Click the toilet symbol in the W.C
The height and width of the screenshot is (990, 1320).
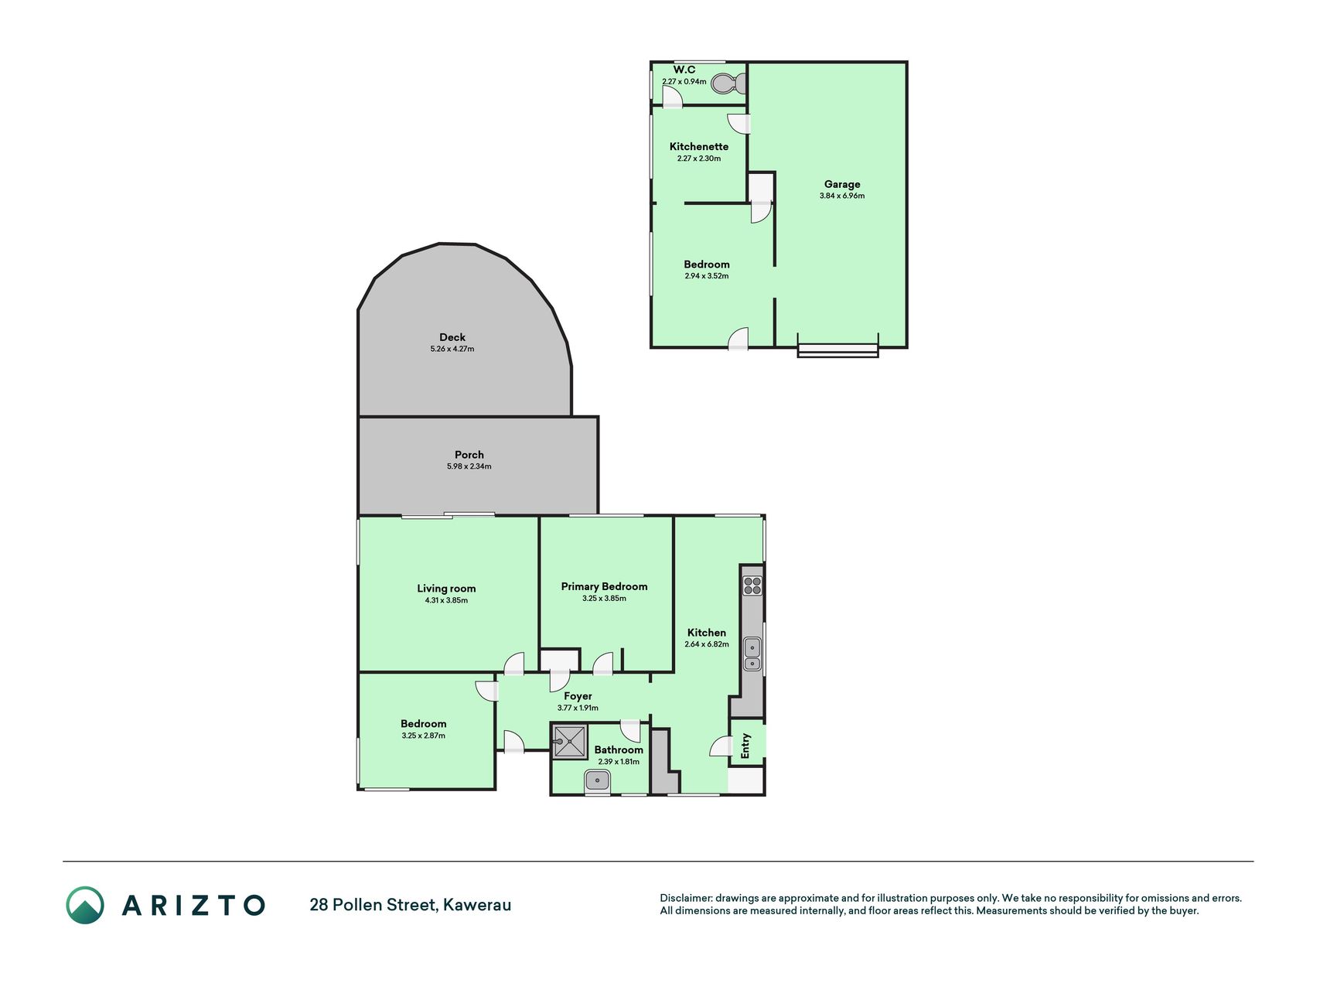[728, 84]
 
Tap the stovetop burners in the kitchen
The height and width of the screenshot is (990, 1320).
[752, 585]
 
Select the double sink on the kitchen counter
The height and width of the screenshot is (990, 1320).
[752, 654]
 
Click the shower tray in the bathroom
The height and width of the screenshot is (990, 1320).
[570, 742]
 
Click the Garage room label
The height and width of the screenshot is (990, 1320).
[842, 184]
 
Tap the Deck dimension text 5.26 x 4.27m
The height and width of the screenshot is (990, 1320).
[452, 349]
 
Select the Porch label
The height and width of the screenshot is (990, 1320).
[469, 455]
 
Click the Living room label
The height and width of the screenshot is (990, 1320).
[446, 589]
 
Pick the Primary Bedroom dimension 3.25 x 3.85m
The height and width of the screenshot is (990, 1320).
[604, 599]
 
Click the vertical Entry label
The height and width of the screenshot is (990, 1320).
[746, 746]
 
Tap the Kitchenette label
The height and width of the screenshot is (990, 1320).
[699, 146]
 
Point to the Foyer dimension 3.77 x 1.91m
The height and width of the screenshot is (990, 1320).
[578, 708]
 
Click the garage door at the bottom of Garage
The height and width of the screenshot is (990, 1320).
[838, 350]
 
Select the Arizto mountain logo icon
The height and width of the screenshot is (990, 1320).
[84, 905]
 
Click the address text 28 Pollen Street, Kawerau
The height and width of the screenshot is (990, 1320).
[411, 905]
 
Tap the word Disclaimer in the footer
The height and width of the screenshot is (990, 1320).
[685, 898]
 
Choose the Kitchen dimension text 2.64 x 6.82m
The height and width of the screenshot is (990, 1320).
[707, 644]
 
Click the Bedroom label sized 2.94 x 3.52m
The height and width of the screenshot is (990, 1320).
[707, 265]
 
